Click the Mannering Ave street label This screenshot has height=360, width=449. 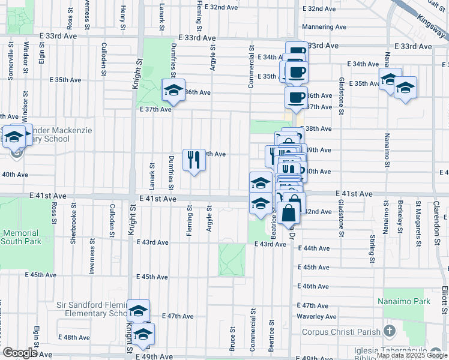coord(325,27)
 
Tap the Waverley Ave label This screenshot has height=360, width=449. coord(320,317)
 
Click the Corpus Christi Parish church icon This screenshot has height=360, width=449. coord(390,331)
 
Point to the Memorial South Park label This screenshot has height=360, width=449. coord(20,237)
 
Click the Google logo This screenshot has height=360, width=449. coord(20,353)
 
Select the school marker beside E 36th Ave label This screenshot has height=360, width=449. coord(174,91)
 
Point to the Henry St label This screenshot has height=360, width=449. coord(122,12)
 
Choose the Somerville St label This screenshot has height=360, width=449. coord(11,57)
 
